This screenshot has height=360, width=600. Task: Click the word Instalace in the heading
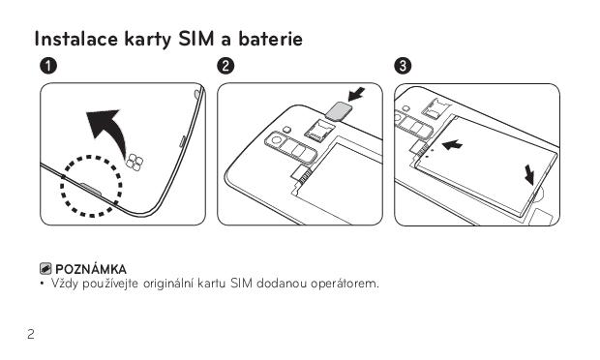(x=75, y=39)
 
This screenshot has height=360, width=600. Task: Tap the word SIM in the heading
(x=195, y=39)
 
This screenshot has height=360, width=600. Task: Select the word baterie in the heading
(x=271, y=39)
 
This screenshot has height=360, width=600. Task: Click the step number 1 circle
(x=48, y=66)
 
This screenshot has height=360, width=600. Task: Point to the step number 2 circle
(x=225, y=66)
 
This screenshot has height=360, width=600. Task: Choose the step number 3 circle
(x=403, y=66)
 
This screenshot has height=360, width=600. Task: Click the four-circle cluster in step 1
(x=135, y=163)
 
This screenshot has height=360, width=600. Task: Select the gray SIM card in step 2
(x=338, y=111)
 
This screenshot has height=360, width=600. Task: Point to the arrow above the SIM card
(x=356, y=95)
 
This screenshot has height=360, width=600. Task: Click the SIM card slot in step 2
(x=318, y=130)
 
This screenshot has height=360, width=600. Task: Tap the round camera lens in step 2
(x=275, y=140)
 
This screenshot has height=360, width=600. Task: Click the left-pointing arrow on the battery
(x=452, y=145)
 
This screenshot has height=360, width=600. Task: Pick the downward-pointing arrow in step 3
(x=529, y=174)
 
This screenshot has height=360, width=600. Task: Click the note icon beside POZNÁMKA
(x=45, y=269)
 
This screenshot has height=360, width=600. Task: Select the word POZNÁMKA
(x=91, y=269)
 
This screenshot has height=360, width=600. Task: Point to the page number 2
(x=31, y=335)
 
